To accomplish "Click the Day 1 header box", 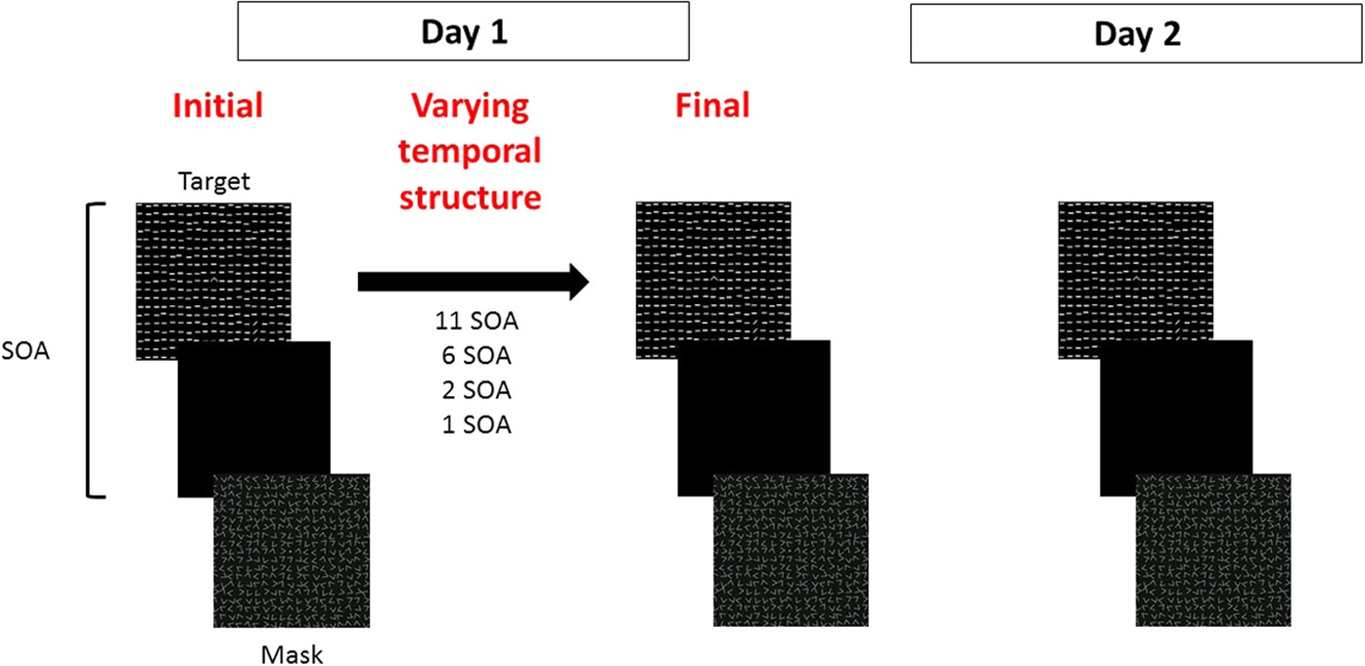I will pyautogui.click(x=464, y=32).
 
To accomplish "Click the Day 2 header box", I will pyautogui.click(x=1136, y=34).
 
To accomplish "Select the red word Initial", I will pyautogui.click(x=217, y=106).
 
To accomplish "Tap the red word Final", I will pyautogui.click(x=712, y=106).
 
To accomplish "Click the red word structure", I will pyautogui.click(x=476, y=197).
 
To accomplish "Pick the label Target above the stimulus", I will pyautogui.click(x=214, y=181).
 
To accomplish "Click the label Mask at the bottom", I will pyautogui.click(x=292, y=653).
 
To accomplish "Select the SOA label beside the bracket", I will pyautogui.click(x=26, y=350).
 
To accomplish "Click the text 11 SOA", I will pyautogui.click(x=474, y=320).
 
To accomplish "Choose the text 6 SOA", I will pyautogui.click(x=474, y=355).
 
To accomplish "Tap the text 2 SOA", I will pyautogui.click(x=474, y=390).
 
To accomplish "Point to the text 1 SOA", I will pyautogui.click(x=474, y=425).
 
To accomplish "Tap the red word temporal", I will pyautogui.click(x=476, y=152).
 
